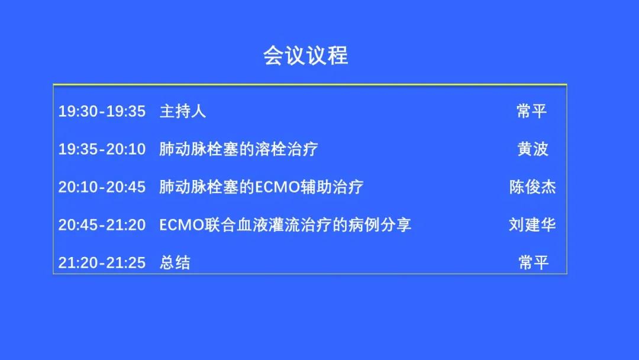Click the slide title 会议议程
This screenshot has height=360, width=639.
coord(306,56)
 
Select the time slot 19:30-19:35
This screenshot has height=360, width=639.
coord(102,111)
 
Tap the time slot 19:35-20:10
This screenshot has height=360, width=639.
coord(102,149)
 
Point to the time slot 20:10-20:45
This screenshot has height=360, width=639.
coord(102,187)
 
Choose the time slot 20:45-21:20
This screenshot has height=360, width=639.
coord(102,224)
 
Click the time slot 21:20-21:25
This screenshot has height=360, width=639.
coord(102,262)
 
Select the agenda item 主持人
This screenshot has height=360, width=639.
coord(183,111)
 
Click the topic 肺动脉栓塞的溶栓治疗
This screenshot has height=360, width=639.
coord(238,149)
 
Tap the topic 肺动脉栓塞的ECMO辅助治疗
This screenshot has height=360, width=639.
coord(262,187)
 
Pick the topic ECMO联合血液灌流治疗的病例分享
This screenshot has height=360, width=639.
coord(285,224)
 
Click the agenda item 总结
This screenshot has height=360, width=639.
coord(175,262)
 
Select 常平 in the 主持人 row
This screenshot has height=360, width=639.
coord(532,111)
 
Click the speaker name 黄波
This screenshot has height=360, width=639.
coord(532,149)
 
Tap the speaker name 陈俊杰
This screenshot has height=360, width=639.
coord(532,187)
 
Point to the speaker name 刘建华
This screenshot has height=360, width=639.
coord(532,224)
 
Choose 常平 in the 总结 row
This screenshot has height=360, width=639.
coord(534,262)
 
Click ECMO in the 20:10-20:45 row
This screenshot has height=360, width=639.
coord(277,187)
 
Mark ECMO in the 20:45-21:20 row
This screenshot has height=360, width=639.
coord(182,224)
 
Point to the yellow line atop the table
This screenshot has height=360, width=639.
coord(309,85)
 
